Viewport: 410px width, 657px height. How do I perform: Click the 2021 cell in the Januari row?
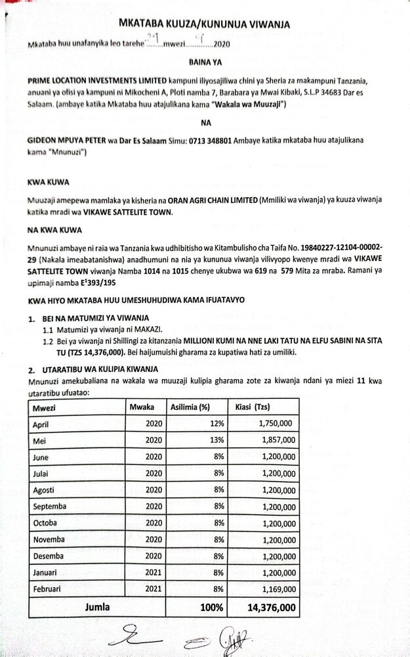coord(153,572)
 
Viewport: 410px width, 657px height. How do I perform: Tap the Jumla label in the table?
coord(97,607)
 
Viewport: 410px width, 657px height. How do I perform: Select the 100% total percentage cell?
coord(211,607)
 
